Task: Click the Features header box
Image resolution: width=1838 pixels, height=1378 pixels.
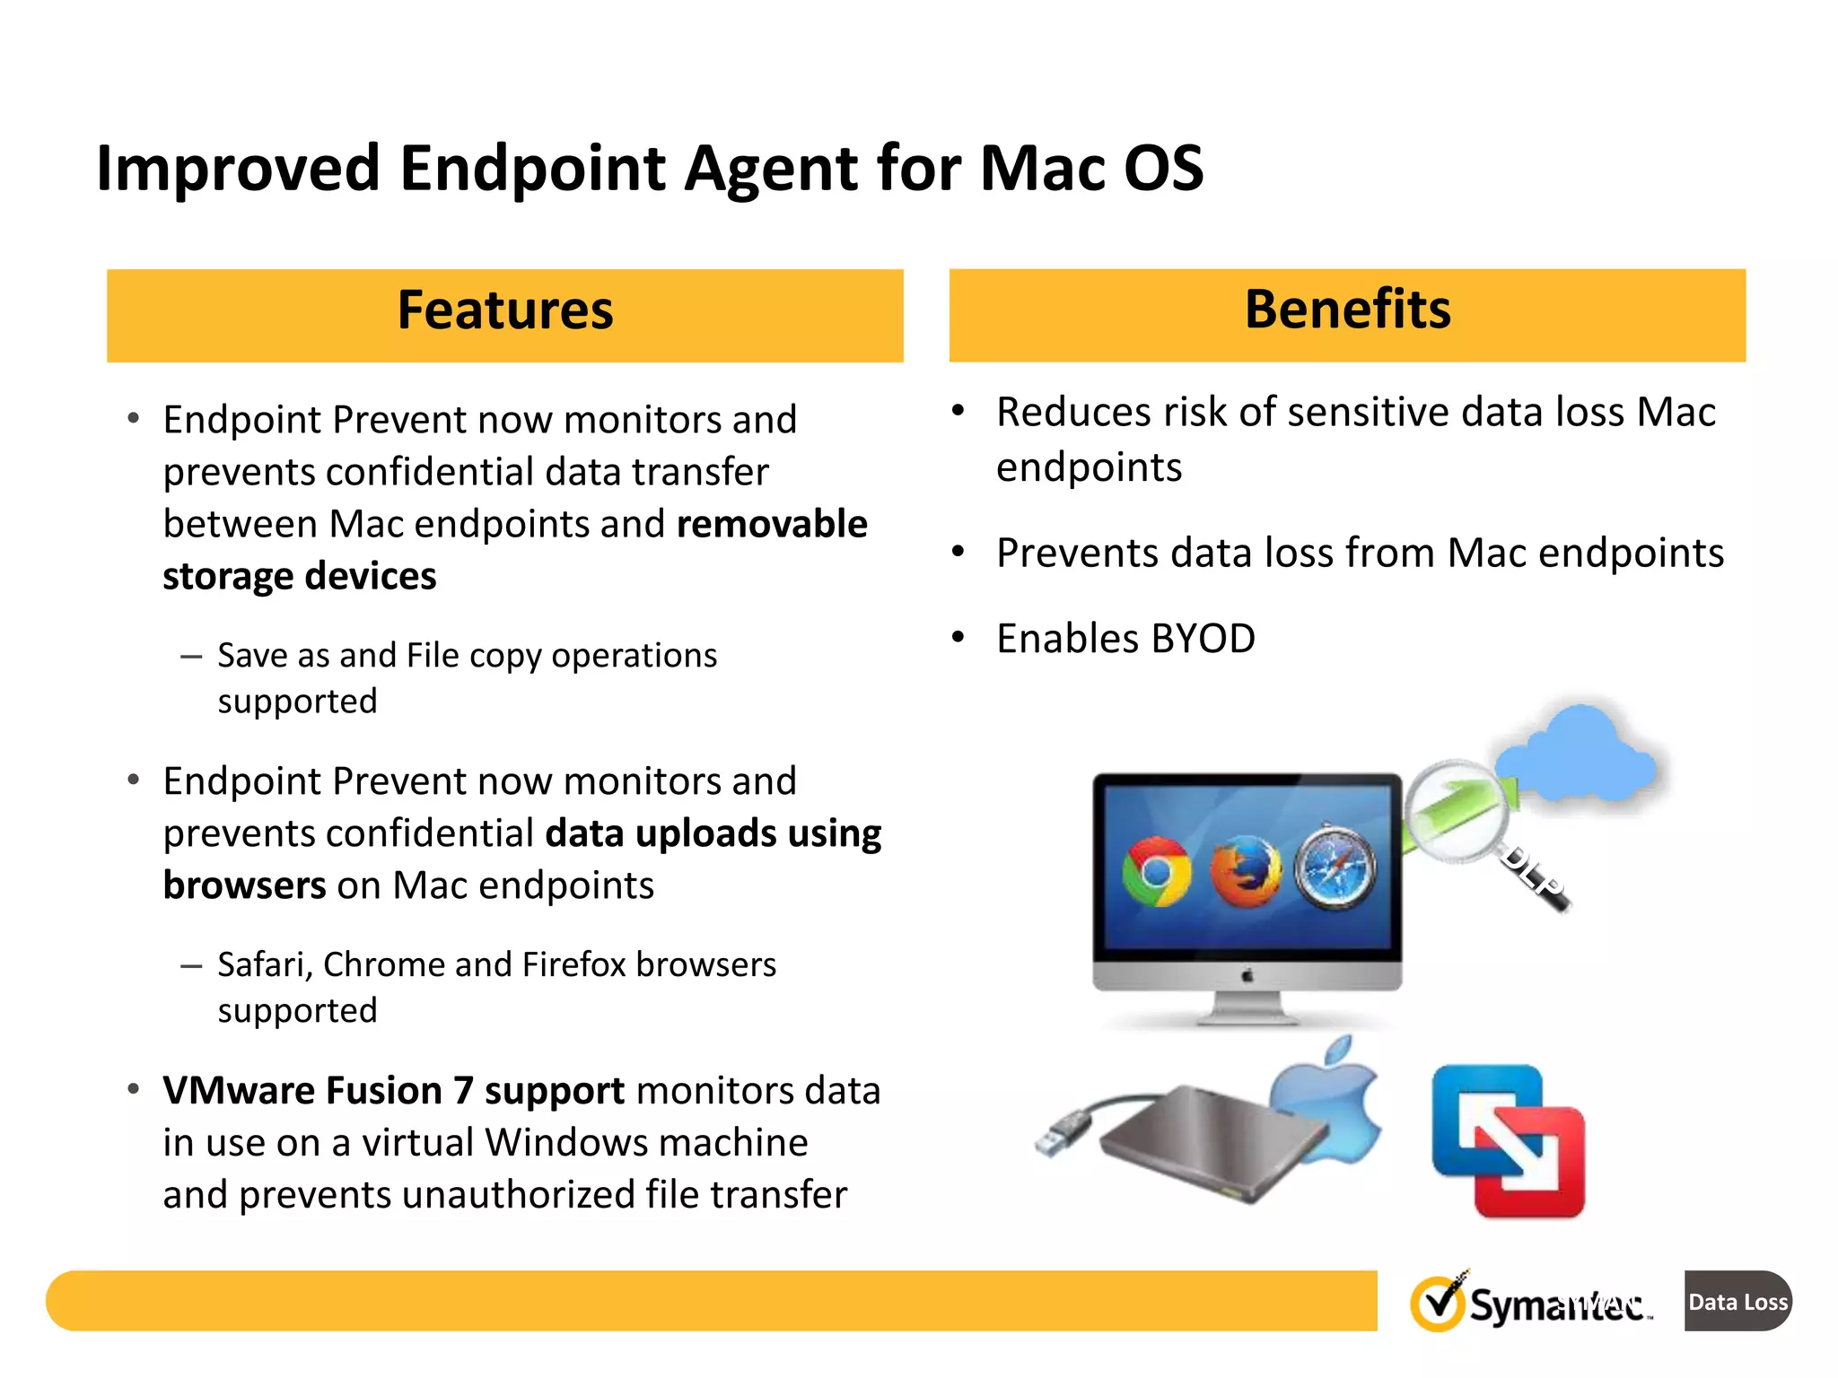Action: (504, 315)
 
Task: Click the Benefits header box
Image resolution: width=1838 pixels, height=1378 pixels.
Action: (1346, 315)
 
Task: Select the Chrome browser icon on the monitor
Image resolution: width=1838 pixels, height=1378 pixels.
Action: (1156, 872)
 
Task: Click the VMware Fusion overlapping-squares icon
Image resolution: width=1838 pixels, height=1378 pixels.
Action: (1508, 1141)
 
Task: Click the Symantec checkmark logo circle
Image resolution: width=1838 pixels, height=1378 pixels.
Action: (1438, 1304)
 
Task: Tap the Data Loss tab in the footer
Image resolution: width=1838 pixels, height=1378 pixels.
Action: (1737, 1301)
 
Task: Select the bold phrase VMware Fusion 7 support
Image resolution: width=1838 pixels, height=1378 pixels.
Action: (393, 1091)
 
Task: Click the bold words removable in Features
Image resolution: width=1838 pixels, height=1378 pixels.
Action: (772, 524)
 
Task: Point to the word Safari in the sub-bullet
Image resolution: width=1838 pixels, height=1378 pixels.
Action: (265, 964)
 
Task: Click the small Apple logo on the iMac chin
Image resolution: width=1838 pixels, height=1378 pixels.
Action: (1247, 975)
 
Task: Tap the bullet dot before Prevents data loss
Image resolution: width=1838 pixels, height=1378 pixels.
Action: (958, 552)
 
